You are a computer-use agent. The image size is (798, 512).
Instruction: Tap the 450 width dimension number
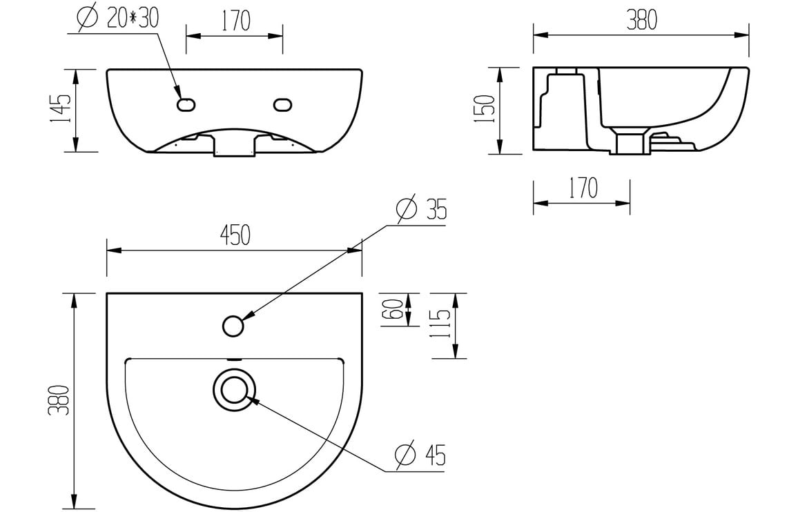(234, 236)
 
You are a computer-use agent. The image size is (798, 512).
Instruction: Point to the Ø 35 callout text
(420, 209)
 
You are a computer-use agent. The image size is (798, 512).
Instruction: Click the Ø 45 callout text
(420, 455)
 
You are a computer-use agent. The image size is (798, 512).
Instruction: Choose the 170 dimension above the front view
(235, 21)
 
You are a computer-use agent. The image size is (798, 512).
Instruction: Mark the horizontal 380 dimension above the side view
(641, 21)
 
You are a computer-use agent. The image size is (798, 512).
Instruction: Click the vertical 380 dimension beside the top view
(61, 400)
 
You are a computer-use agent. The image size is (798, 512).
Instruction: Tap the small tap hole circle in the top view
(234, 325)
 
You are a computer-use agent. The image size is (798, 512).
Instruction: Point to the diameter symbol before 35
(406, 209)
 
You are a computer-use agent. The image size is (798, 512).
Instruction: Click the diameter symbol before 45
(405, 455)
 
